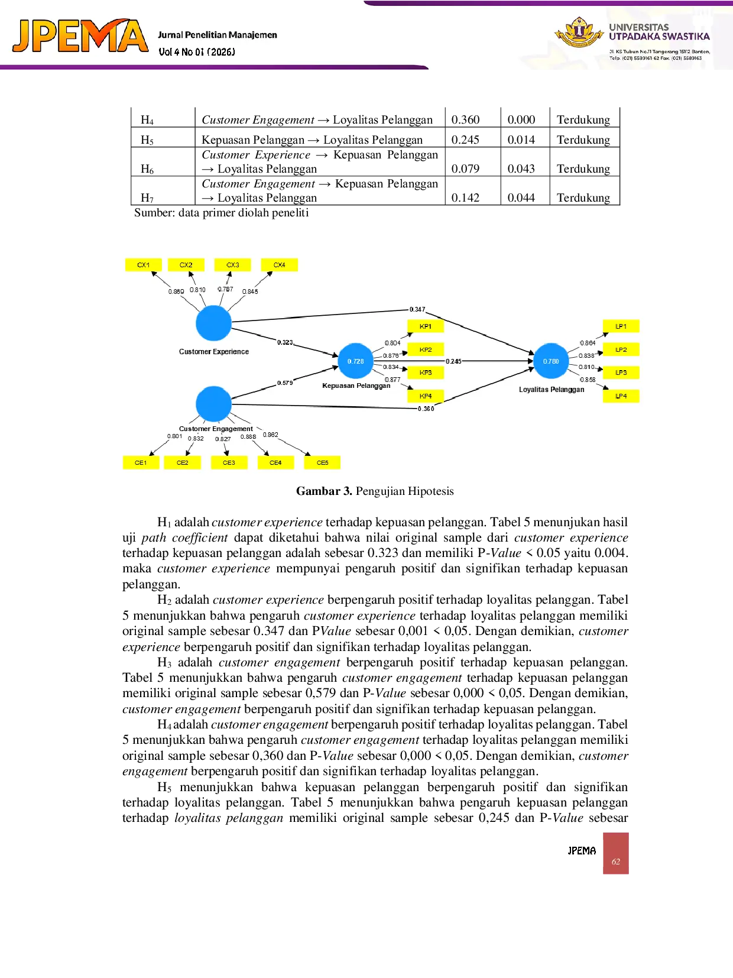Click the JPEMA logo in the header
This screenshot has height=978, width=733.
(80, 35)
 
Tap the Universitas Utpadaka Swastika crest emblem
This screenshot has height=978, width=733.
(579, 32)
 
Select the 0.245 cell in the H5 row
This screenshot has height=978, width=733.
(465, 140)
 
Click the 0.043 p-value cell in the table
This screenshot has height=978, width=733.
(521, 169)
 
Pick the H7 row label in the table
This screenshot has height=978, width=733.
(147, 197)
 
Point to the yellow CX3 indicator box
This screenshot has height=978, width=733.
(232, 265)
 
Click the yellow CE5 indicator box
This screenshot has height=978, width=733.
(322, 462)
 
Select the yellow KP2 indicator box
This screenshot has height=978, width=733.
(425, 350)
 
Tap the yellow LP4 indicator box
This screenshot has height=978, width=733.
(621, 396)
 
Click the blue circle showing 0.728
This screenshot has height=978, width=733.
(355, 361)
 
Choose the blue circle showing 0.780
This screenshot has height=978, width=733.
(551, 361)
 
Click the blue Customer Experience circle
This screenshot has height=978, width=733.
(214, 323)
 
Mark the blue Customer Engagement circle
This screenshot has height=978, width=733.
(214, 404)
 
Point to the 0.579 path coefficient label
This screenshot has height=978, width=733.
(285, 383)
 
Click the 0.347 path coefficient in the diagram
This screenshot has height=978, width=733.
(417, 309)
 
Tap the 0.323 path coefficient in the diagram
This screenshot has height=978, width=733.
(285, 342)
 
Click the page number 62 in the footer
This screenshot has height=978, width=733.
(616, 862)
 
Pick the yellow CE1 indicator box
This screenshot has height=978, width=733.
(141, 462)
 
